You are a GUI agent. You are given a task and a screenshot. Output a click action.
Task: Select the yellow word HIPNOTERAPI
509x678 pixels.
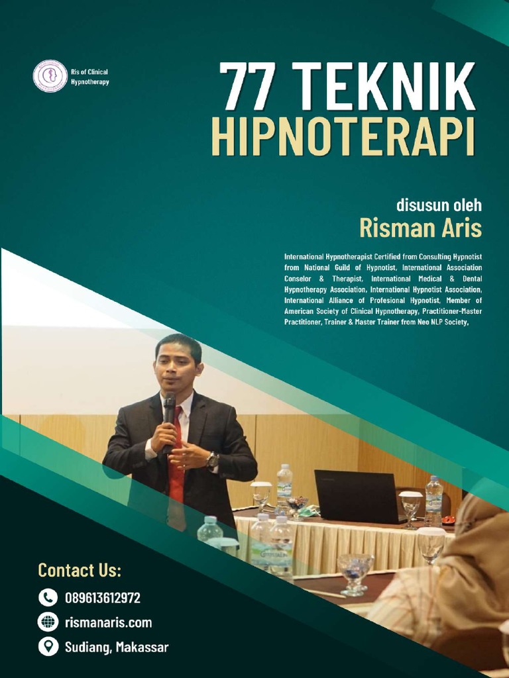click(343, 136)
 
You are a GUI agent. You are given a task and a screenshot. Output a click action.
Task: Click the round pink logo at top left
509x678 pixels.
click(50, 76)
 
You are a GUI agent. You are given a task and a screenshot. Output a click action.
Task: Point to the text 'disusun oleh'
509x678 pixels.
click(438, 205)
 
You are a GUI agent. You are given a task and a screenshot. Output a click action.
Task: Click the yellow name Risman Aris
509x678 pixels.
click(420, 228)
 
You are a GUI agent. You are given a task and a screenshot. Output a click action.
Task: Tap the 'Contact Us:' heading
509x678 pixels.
click(80, 570)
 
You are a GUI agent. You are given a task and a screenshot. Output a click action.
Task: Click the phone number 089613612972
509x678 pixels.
click(102, 598)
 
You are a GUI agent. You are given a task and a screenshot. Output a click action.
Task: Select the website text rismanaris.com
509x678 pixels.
click(108, 622)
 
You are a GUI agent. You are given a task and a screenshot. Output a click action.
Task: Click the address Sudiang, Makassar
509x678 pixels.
click(116, 647)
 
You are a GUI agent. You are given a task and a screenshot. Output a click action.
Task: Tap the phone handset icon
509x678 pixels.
click(48, 598)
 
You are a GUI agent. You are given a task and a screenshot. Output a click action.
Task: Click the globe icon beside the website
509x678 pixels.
click(48, 622)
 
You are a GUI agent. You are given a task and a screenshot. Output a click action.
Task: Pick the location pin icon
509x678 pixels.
click(48, 646)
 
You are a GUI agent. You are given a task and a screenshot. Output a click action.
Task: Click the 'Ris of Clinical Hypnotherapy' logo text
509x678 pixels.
click(89, 77)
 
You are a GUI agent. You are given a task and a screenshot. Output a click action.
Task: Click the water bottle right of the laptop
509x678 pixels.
click(433, 500)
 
